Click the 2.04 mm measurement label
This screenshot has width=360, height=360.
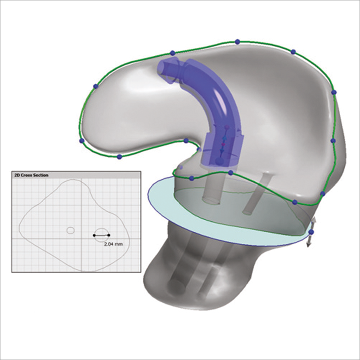click(113, 244)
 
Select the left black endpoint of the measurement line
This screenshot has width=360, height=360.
click(94, 235)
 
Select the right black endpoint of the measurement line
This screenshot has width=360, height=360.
click(108, 235)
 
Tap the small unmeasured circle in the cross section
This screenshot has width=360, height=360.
click(71, 230)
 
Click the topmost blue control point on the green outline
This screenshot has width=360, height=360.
click(238, 42)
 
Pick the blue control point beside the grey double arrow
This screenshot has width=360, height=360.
click(311, 232)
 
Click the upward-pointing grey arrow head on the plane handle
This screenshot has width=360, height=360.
click(314, 220)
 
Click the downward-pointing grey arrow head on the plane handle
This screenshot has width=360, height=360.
click(309, 244)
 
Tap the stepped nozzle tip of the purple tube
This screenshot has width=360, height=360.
click(167, 69)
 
